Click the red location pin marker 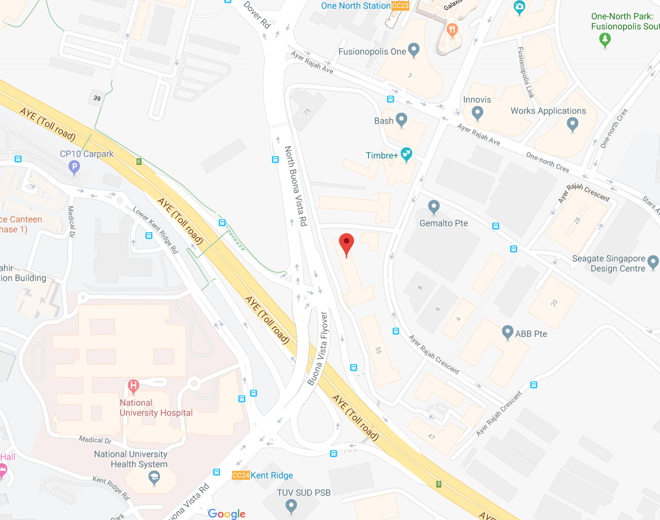point(347,244)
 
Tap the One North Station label point(355,6)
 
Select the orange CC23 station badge point(400,6)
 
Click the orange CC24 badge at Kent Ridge point(241,475)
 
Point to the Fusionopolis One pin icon point(414,50)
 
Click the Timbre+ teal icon point(407,154)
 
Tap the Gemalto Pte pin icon point(433,207)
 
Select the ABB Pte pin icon point(508,332)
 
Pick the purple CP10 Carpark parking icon point(74,167)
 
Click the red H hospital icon point(133,385)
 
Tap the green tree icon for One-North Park point(605,39)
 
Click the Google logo point(227,514)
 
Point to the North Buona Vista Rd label point(296,186)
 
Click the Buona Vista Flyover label point(317,348)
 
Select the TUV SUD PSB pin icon point(291,506)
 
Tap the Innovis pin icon point(477,113)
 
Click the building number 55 point(378,351)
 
